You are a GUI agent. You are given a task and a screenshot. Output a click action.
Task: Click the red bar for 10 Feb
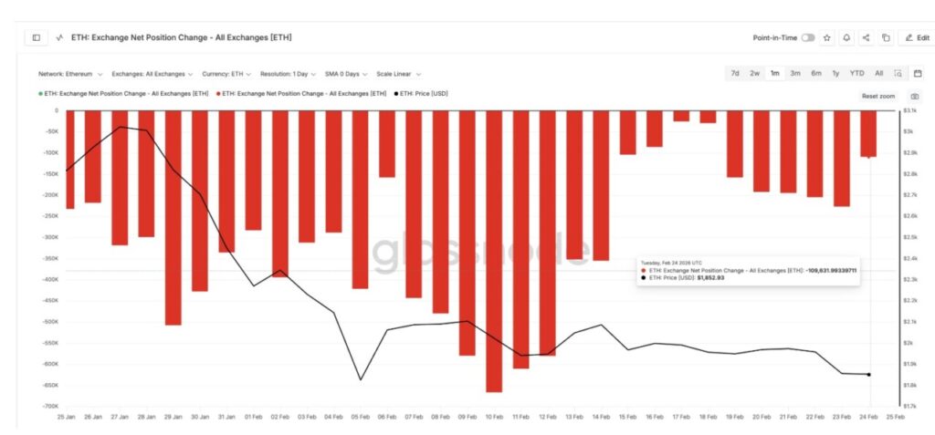pyautogui.click(x=494, y=251)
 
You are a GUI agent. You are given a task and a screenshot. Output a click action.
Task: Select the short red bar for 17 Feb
pyautogui.click(x=681, y=116)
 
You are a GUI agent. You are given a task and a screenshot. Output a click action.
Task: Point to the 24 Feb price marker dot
pyautogui.click(x=868, y=374)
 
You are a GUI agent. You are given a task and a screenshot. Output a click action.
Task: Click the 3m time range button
pyautogui.click(x=795, y=73)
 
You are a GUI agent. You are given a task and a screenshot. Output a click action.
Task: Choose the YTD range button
pyautogui.click(x=856, y=73)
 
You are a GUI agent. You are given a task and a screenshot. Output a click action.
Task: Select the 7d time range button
pyautogui.click(x=734, y=73)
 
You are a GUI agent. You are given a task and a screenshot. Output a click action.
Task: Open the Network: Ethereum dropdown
pyautogui.click(x=69, y=74)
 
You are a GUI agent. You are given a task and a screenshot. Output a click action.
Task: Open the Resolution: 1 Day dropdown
pyautogui.click(x=289, y=74)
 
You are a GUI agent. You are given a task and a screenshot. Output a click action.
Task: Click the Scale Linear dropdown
pyautogui.click(x=398, y=74)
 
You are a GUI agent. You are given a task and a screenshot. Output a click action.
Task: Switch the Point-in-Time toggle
pyautogui.click(x=808, y=37)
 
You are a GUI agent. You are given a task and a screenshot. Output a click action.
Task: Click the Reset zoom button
pyautogui.click(x=878, y=96)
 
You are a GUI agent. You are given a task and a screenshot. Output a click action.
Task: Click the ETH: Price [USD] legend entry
pyautogui.click(x=424, y=93)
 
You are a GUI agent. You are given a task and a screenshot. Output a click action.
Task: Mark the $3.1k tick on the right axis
pyautogui.click(x=909, y=110)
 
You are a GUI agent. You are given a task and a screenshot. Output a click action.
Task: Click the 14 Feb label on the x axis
pyautogui.click(x=601, y=416)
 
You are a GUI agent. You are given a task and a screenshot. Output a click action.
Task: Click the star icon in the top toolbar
pyautogui.click(x=827, y=37)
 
